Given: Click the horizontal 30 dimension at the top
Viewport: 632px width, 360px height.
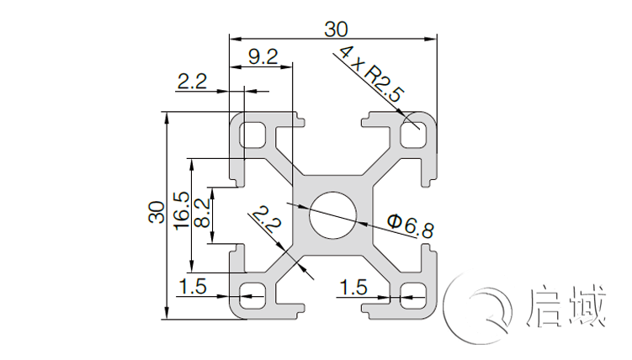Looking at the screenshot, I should [335, 29].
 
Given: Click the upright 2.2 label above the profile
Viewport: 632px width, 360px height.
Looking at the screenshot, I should [191, 81].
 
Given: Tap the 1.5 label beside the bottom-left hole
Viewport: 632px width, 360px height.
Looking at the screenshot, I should [193, 287].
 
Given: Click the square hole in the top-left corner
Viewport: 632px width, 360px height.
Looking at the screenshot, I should [252, 134].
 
